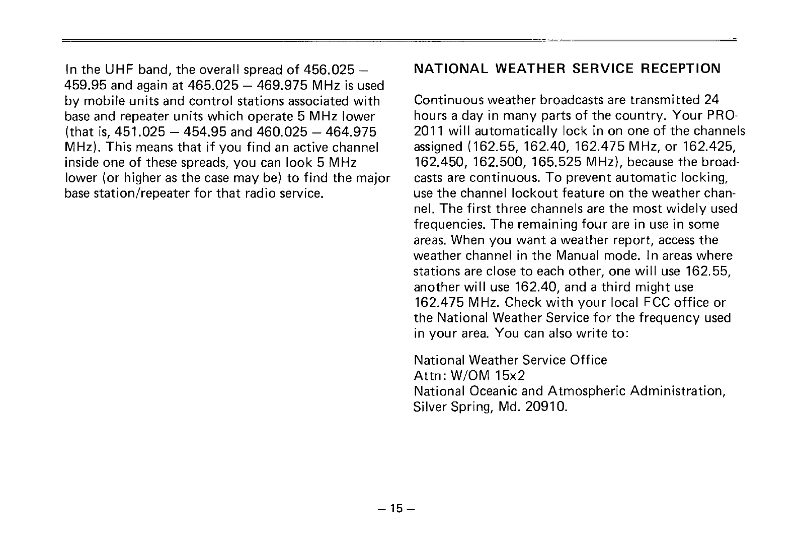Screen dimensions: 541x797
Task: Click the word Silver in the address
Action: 429,407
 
